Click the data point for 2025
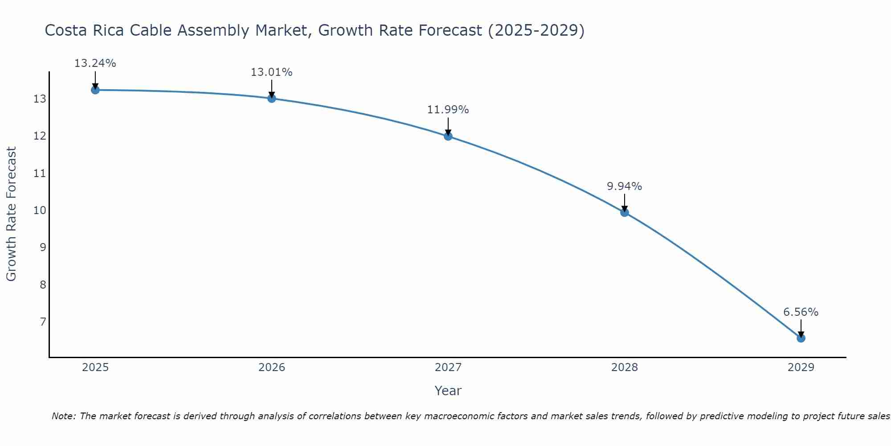point(95,90)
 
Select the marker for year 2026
point(272,98)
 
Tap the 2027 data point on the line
point(448,136)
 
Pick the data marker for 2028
point(625,212)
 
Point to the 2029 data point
point(801,338)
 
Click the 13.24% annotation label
point(95,63)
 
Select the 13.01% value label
point(271,72)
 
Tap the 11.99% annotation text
point(448,110)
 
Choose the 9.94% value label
point(624,186)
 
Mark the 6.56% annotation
point(801,312)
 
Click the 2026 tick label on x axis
point(272,368)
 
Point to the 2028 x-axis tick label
point(625,368)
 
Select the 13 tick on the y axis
point(40,99)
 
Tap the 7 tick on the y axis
point(43,322)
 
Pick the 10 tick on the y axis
point(40,210)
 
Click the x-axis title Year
point(448,391)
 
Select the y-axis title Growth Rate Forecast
point(11,214)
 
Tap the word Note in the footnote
point(63,416)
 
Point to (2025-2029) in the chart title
point(536,31)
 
